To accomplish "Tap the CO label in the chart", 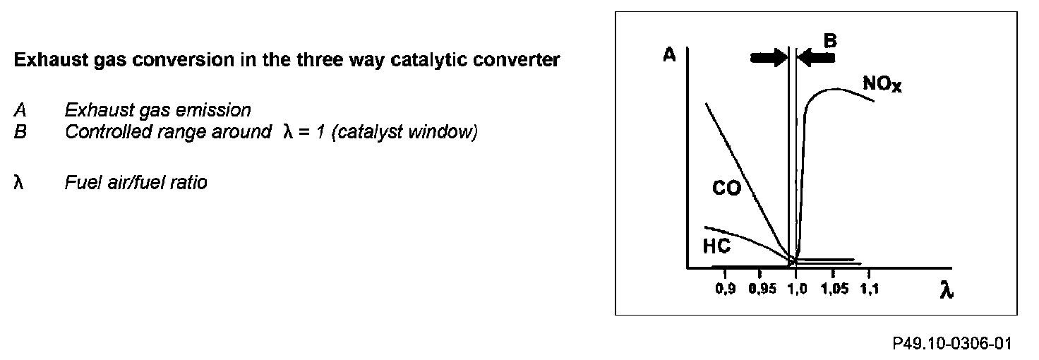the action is click(726, 189).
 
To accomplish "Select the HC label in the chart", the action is click(716, 246).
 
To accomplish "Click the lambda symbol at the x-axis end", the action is click(947, 291).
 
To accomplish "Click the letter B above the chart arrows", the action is click(831, 41).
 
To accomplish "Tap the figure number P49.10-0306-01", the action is click(952, 344).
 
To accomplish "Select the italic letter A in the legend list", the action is click(20, 111).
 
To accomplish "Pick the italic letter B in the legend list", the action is click(20, 132).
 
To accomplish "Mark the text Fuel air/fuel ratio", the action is click(136, 184).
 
